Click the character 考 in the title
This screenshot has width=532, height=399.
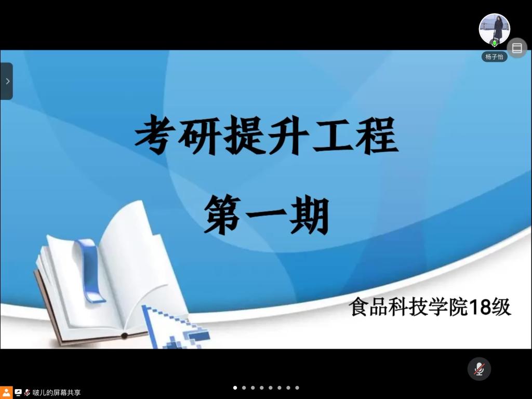155,135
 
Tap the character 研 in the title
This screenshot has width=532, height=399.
199,135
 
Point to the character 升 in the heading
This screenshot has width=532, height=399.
288,135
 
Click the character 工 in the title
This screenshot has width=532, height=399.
332,135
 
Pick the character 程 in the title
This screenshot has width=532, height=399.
377,135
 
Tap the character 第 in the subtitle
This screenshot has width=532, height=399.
223,215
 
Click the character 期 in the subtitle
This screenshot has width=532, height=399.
310,215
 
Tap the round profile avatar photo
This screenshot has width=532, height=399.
495,29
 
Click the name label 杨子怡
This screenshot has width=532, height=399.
495,57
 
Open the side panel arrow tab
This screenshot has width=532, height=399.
6,81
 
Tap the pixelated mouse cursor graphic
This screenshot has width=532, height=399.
173,327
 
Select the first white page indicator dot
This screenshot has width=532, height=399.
235,388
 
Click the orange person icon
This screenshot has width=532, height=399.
6,393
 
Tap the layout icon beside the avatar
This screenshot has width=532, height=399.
517,48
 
